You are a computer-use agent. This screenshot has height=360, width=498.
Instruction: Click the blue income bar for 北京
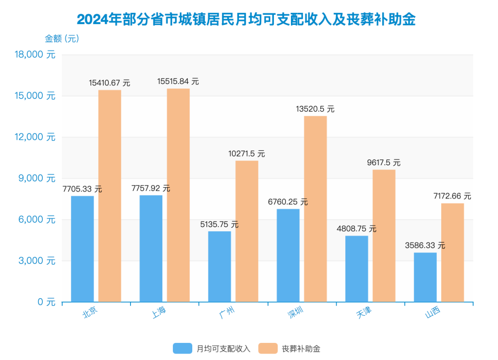click(x=82, y=249)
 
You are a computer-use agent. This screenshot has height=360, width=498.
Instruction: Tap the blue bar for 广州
click(x=219, y=267)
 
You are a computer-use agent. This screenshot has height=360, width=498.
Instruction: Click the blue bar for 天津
click(x=356, y=269)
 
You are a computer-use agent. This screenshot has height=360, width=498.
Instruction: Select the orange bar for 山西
click(x=452, y=252)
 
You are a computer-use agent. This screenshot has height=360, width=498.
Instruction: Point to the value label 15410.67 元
click(x=110, y=83)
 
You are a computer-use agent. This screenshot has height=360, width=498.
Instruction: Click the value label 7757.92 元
click(x=151, y=188)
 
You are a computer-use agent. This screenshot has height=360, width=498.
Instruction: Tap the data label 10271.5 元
click(x=247, y=154)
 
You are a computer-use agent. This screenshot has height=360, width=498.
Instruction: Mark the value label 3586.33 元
click(x=425, y=246)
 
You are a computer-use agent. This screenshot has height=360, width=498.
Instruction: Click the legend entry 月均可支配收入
click(x=212, y=348)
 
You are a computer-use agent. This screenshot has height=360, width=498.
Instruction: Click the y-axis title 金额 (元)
click(x=62, y=39)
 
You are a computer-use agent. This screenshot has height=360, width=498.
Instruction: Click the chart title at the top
click(x=246, y=19)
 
